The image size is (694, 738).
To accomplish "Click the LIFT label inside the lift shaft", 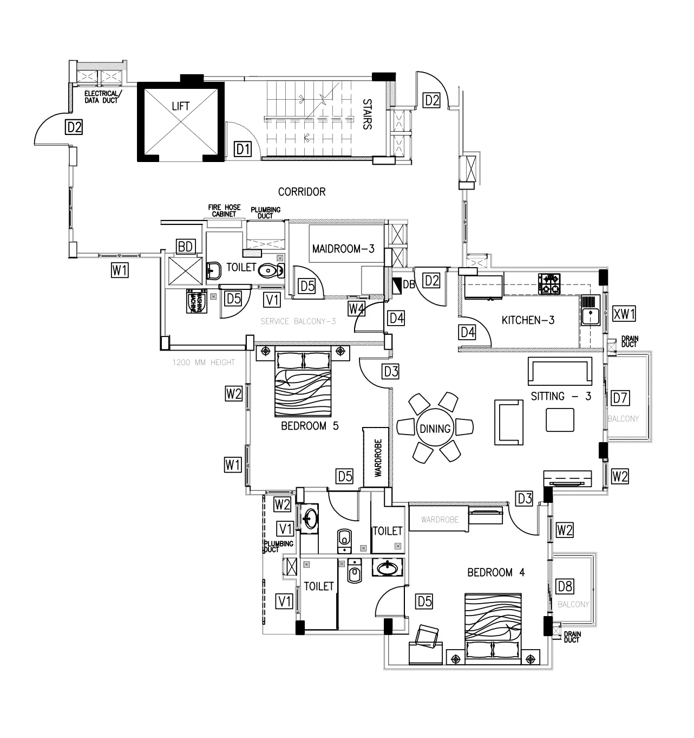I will click(180, 106).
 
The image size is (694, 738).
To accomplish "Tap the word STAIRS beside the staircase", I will click(367, 114).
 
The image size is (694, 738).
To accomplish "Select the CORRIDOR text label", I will click(302, 192).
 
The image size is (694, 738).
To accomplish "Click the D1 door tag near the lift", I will click(243, 148).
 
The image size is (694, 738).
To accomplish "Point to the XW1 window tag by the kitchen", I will click(624, 313).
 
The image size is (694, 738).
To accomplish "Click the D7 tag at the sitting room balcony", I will click(620, 398).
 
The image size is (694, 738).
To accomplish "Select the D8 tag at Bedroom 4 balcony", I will click(565, 586).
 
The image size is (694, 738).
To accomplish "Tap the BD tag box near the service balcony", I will click(185, 247).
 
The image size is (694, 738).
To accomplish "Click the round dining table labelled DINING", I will click(435, 429).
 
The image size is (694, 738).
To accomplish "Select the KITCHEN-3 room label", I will click(528, 320).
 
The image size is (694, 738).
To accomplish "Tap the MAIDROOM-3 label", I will click(343, 249).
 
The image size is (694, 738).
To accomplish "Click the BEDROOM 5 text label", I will click(310, 426).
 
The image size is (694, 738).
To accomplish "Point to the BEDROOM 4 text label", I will click(496, 572).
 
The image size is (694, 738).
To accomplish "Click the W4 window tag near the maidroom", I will click(356, 309).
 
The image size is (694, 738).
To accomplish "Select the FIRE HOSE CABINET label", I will click(225, 211).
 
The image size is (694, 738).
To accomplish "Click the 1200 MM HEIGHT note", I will click(204, 362).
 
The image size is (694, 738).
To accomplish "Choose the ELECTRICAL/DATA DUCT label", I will click(101, 96).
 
